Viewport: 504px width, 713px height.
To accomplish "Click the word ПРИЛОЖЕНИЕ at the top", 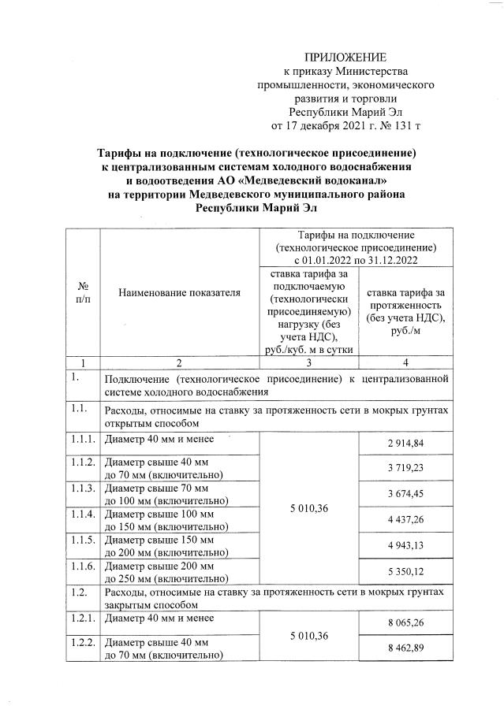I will coord(346,58).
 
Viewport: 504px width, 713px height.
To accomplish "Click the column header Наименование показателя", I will coord(179,293).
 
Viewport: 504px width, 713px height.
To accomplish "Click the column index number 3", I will coord(308,363).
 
